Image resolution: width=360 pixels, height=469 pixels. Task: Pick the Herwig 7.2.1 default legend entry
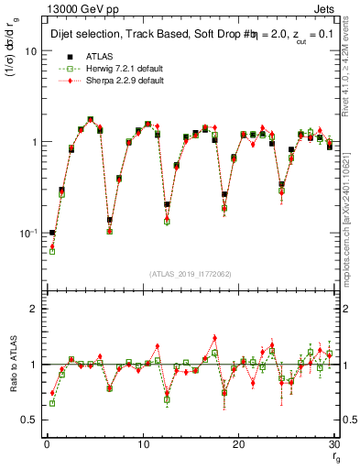point(115,69)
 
